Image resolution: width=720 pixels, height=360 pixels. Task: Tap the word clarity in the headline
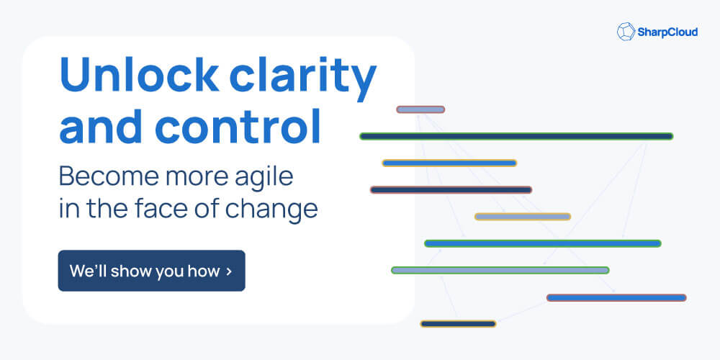[303, 78]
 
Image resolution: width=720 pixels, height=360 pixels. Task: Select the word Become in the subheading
[109, 176]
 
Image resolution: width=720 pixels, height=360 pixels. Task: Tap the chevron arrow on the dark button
[229, 271]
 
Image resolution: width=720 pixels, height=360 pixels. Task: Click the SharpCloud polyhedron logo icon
[626, 32]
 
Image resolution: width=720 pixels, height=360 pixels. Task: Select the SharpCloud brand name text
[667, 32]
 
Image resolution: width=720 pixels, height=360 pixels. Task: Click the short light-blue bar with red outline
[420, 109]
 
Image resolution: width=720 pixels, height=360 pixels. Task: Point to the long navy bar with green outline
[516, 136]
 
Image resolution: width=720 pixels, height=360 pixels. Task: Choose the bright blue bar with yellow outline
[449, 163]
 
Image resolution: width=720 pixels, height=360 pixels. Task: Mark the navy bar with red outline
[451, 189]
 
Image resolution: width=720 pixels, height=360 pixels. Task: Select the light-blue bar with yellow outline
[523, 217]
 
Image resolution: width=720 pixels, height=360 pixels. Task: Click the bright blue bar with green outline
[543, 243]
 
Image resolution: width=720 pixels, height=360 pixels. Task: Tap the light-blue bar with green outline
[500, 271]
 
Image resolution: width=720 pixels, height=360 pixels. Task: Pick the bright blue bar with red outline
[616, 298]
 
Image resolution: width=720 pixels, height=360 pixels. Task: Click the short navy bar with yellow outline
[458, 324]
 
